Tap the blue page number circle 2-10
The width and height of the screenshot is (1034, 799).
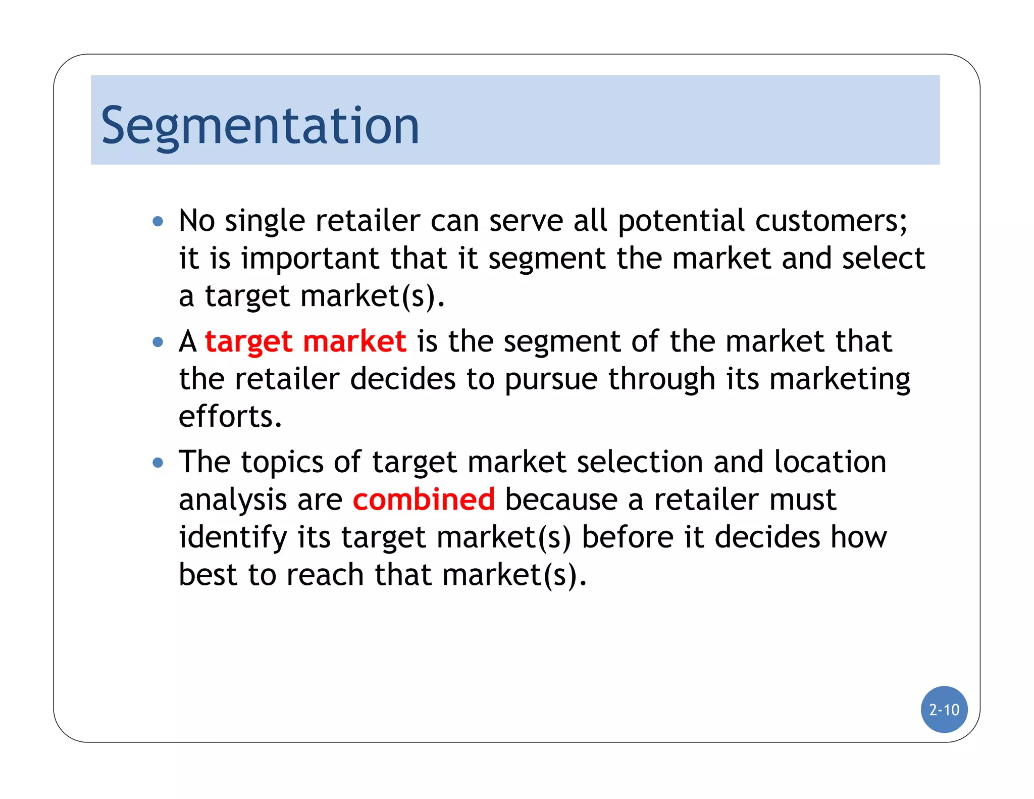(x=944, y=710)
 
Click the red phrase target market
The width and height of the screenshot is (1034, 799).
(x=305, y=342)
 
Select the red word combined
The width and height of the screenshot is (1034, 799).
(x=424, y=500)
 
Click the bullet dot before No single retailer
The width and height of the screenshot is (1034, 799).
(x=158, y=221)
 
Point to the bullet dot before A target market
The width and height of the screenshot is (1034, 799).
(x=158, y=342)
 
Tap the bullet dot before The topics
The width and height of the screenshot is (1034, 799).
(x=158, y=463)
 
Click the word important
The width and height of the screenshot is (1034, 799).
(x=309, y=259)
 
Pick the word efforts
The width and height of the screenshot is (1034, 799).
(x=230, y=417)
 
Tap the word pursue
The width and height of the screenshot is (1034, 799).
(x=551, y=380)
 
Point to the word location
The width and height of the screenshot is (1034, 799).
(x=830, y=462)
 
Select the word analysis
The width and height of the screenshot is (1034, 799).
(x=233, y=500)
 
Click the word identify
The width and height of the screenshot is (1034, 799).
(x=233, y=537)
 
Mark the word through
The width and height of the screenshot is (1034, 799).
(x=661, y=380)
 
